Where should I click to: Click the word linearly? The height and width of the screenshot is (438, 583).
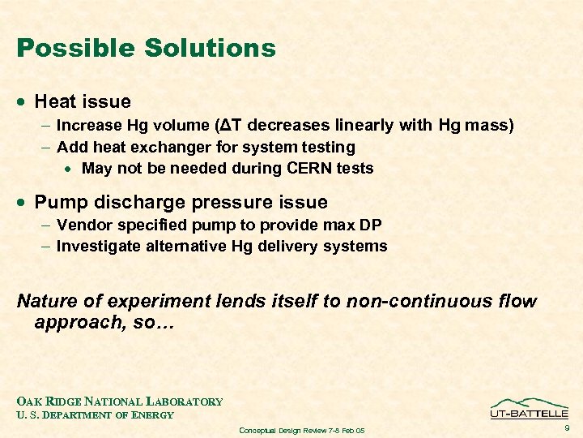coord(362,126)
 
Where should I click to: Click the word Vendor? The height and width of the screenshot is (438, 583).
coord(83,225)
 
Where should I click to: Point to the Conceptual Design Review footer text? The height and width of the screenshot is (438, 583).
coord(302,430)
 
